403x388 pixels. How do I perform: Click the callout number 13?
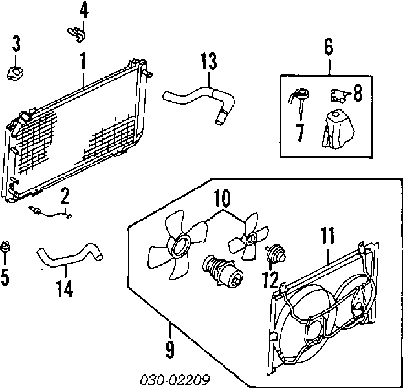coord(208,61)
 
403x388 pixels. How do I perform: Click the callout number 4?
coord(84,11)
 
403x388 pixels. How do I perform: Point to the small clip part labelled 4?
coord(76,34)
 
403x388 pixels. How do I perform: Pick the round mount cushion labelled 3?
coord(16,72)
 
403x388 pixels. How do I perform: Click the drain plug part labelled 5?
coord(5,247)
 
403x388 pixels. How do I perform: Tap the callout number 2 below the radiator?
coord(65,196)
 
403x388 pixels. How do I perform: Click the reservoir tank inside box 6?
coord(337,129)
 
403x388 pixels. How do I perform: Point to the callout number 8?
coord(358,92)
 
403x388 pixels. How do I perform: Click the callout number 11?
coord(328,235)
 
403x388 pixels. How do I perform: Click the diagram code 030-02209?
coord(175,380)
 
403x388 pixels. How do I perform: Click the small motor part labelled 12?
coord(275,253)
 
